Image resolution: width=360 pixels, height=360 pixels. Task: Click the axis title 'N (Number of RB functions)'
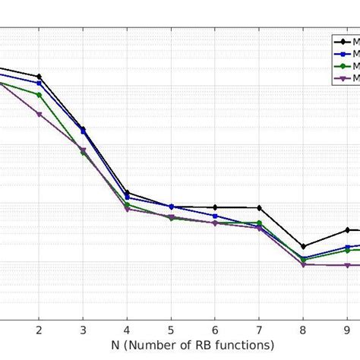193,346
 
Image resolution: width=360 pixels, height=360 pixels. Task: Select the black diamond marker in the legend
344,43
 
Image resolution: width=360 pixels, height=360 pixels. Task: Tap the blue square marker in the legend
344,54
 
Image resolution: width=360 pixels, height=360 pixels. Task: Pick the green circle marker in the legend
344,66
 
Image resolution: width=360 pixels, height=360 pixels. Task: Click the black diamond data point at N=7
259,208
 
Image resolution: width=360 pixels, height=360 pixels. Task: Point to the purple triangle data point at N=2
39,114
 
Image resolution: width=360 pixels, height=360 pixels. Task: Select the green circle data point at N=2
39,95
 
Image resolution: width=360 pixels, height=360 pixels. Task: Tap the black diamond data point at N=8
303,246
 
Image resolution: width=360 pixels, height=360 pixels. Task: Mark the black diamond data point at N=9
347,229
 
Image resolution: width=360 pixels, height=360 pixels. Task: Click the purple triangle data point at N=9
347,265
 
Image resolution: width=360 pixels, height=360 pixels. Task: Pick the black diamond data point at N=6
215,207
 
